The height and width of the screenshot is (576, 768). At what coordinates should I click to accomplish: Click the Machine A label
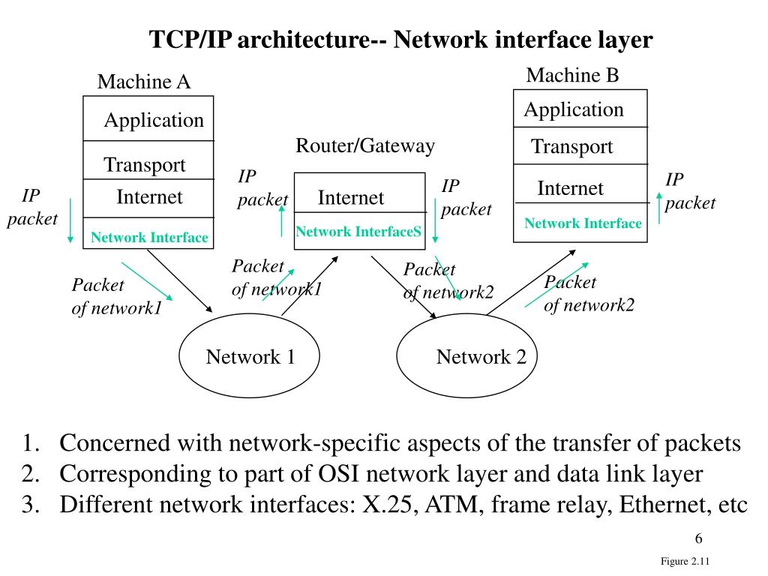[144, 81]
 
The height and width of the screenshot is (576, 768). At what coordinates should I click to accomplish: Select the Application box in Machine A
[148, 118]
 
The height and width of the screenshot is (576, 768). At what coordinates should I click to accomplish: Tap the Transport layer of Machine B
[580, 146]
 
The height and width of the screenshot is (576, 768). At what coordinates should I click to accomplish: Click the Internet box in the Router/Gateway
[359, 193]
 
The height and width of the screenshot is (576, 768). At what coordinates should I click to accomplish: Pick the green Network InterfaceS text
[358, 231]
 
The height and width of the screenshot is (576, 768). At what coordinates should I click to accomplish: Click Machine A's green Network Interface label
[149, 238]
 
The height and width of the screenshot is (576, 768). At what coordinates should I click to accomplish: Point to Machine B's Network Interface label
[583, 223]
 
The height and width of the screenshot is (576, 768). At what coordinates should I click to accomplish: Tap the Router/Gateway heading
[365, 146]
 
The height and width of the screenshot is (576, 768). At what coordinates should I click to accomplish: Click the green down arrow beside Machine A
[70, 220]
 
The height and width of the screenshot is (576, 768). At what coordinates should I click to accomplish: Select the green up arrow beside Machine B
[659, 208]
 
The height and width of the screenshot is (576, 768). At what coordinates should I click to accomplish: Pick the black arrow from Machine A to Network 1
[180, 281]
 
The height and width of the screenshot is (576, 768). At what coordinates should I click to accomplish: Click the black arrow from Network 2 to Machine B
[532, 282]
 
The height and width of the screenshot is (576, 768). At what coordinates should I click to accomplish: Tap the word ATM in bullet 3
[451, 505]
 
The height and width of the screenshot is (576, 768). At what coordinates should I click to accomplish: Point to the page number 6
[699, 538]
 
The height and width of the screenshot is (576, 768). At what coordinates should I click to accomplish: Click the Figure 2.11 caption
[685, 561]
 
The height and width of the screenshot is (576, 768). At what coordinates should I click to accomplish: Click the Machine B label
[572, 75]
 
